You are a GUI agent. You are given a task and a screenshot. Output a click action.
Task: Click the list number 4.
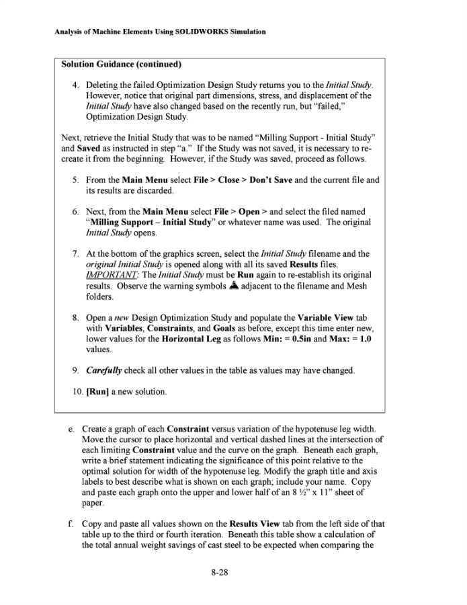75,87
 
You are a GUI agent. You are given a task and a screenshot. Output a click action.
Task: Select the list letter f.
71,523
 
